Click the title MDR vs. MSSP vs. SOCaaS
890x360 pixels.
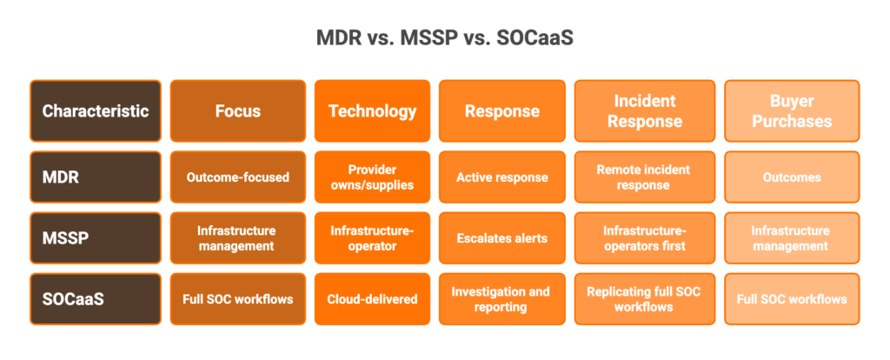[x=444, y=38]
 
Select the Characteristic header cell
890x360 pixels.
[x=96, y=111]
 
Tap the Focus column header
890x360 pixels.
[x=238, y=111]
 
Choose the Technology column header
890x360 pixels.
[x=372, y=111]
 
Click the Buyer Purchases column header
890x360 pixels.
[x=791, y=111]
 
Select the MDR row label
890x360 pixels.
[x=96, y=177]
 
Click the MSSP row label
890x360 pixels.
[x=96, y=238]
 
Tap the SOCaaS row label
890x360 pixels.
[x=96, y=299]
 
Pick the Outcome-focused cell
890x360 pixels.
[x=238, y=177]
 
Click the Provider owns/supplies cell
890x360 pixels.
[x=372, y=177]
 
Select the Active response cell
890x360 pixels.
[x=502, y=177]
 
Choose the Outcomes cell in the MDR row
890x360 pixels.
[x=791, y=177]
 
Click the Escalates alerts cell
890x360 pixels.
[x=502, y=238]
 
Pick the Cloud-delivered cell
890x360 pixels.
[x=372, y=299]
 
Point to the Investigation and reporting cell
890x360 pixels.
[x=502, y=299]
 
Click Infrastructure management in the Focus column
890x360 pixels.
[x=238, y=238]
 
